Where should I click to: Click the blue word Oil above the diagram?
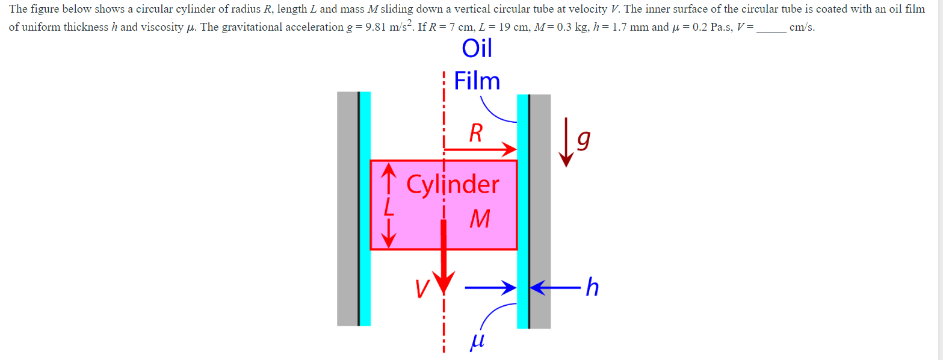point(477,49)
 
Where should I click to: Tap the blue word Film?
point(477,81)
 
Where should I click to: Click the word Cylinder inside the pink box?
point(453,184)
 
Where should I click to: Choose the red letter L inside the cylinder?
point(389,208)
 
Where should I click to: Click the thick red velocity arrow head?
point(445,281)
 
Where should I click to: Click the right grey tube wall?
point(540,211)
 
